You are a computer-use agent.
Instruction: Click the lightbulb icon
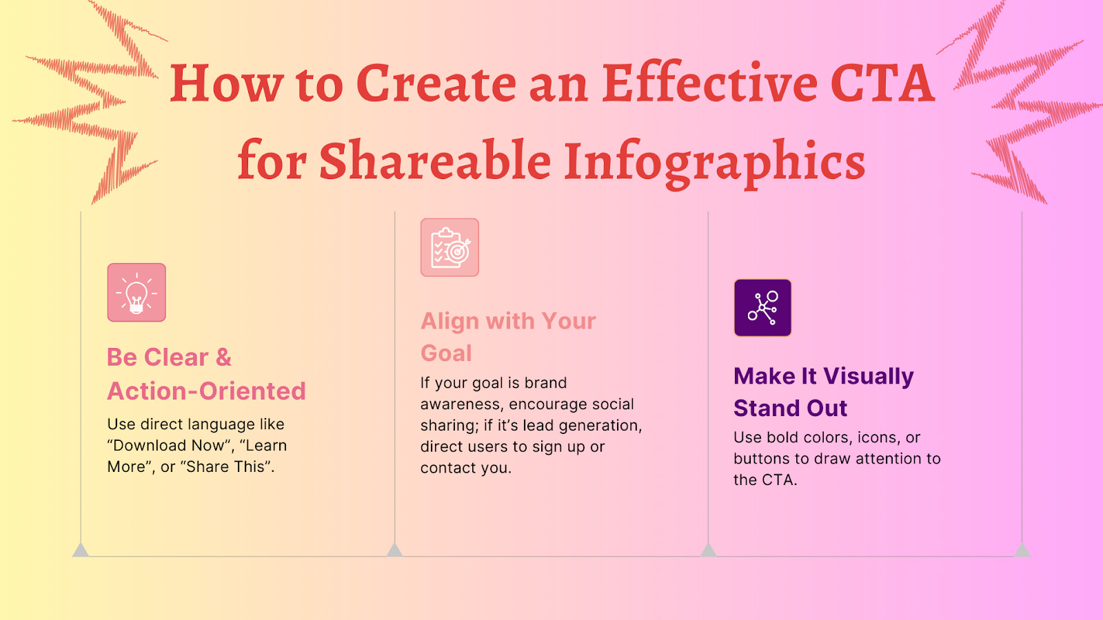136,293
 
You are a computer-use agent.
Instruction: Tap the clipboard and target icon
449,248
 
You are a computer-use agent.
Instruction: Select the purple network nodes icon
762,308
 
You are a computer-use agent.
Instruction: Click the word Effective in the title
709,84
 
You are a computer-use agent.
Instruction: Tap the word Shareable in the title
434,161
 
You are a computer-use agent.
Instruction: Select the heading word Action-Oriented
206,391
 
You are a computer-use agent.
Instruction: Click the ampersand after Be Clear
223,358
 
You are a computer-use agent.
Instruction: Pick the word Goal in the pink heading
446,353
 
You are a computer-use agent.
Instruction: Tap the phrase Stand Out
790,409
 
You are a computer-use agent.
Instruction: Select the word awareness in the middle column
460,404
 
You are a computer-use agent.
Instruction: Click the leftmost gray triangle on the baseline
81,550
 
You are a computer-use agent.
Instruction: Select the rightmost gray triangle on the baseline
1022,550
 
